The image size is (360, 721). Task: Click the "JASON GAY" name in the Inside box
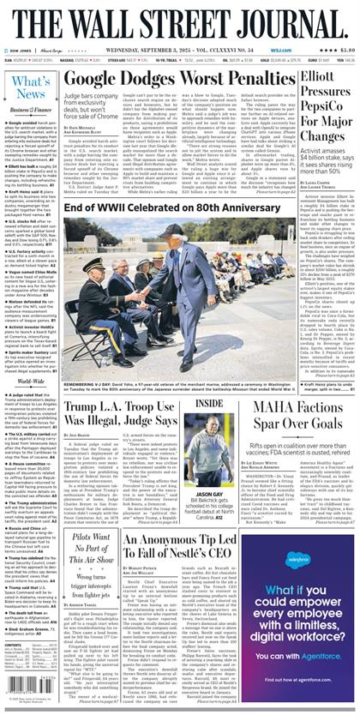[x=208, y=494]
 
